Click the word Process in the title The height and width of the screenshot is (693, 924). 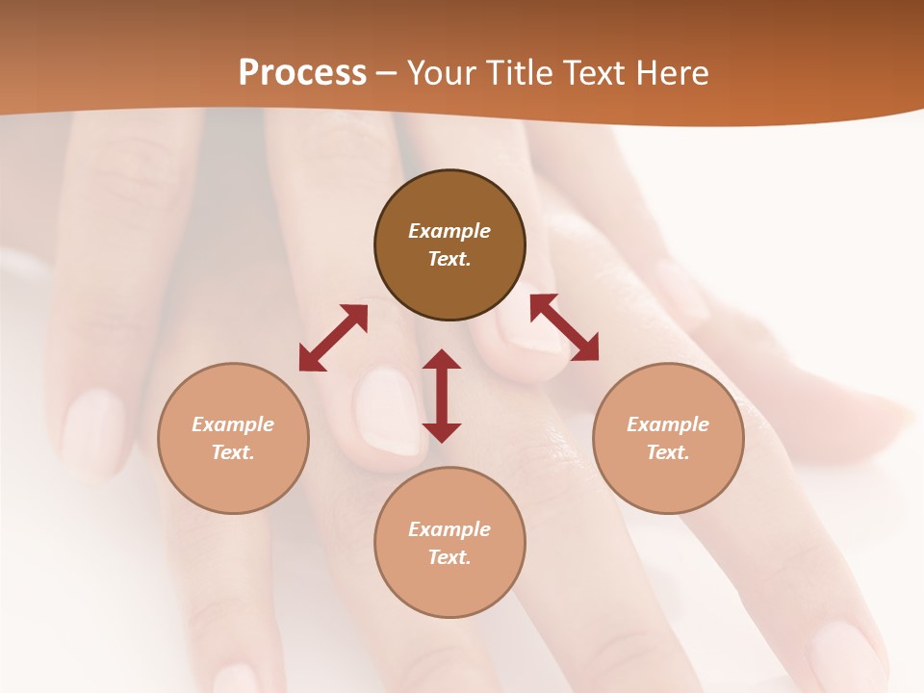point(302,72)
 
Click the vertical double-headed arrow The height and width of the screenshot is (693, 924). point(442,396)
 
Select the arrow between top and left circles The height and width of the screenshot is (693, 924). point(333,338)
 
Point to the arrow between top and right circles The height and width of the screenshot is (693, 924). point(564,327)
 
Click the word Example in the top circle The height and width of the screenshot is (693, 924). point(449,231)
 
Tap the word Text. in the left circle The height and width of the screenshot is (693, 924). point(233,452)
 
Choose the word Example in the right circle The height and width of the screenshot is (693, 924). point(668,424)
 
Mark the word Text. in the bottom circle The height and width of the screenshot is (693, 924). point(449,557)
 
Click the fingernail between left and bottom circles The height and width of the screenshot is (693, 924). point(387,412)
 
